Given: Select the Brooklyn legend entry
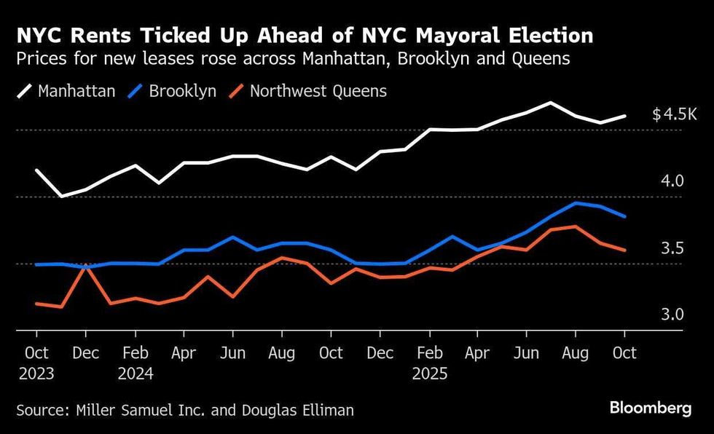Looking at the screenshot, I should pyautogui.click(x=173, y=91).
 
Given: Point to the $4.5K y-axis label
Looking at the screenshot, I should pyautogui.click(x=675, y=115).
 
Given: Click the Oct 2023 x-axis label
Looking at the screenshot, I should pyautogui.click(x=36, y=363).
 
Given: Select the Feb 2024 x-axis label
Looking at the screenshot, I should pyautogui.click(x=135, y=363).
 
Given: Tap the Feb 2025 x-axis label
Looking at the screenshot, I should pyautogui.click(x=429, y=363).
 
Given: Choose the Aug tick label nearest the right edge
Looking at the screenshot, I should pyautogui.click(x=576, y=353).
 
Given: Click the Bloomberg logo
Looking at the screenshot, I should pyautogui.click(x=651, y=409).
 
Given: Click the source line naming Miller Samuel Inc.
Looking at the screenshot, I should pyautogui.click(x=185, y=410).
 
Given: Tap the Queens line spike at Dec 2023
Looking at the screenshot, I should pyautogui.click(x=86, y=267).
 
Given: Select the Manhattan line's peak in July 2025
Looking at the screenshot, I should pyautogui.click(x=550, y=103).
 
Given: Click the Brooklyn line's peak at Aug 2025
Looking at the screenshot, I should pyautogui.click(x=576, y=203).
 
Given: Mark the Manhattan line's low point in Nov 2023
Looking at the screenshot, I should pyautogui.click(x=61, y=196).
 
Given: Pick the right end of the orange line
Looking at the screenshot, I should pyautogui.click(x=624, y=250).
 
